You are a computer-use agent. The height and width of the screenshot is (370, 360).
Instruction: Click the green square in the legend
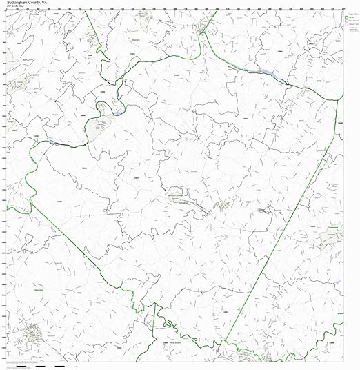341,14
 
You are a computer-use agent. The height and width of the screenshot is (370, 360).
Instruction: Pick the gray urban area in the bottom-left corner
31,335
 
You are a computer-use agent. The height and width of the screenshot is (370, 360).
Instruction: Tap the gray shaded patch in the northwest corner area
90,38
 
